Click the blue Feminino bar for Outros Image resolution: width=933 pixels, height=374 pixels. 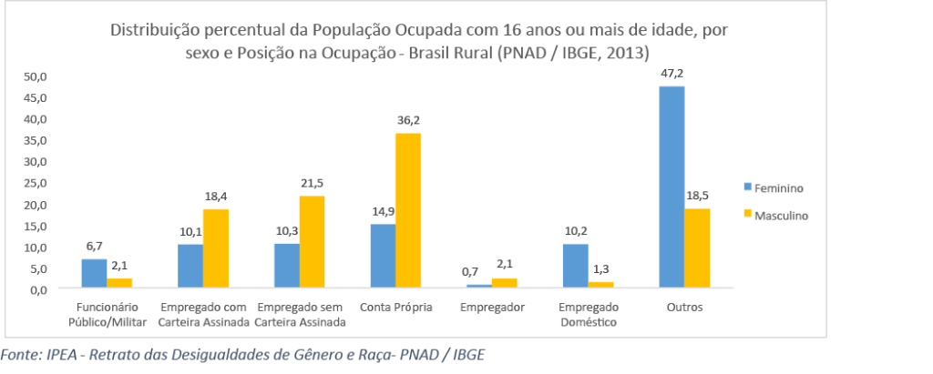672,187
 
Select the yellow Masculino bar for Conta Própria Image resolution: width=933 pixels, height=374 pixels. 408,210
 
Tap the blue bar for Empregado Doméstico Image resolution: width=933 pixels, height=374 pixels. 575,265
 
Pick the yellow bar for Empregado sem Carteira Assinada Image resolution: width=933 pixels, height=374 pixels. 312,242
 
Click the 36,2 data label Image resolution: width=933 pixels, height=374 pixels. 408,119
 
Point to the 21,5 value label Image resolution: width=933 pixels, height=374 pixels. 312,182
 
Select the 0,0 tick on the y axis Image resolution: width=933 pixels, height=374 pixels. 37,289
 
